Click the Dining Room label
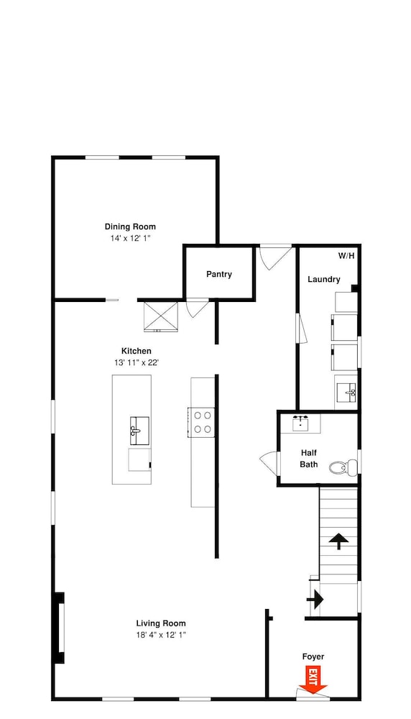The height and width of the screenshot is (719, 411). [130, 226]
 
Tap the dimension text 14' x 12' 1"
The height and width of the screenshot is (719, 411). [130, 239]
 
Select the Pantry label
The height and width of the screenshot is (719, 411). [219, 274]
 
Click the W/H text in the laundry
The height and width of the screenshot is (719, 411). [346, 256]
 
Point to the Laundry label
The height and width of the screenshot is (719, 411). [324, 279]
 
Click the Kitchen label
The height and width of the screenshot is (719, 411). [136, 352]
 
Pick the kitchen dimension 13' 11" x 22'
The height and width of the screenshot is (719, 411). [137, 362]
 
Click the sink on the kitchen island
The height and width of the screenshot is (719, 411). [139, 431]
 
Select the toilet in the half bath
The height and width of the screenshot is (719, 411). [343, 467]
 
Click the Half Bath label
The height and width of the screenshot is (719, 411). [309, 458]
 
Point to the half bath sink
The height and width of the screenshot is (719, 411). [300, 423]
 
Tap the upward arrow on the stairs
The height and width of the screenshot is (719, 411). [338, 541]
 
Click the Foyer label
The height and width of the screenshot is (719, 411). [313, 656]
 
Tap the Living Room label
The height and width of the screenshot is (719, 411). [161, 623]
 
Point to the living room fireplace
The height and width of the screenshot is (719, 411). [59, 628]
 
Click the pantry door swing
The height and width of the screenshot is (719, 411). [197, 307]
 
